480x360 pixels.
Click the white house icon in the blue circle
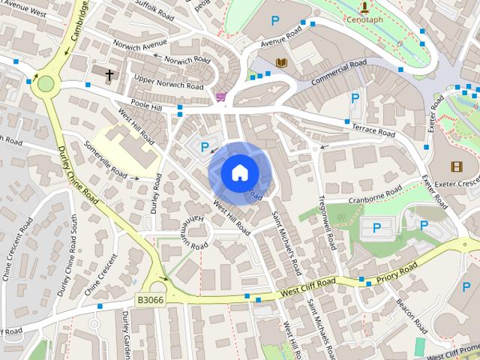(239, 172)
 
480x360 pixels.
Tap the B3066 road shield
(150, 299)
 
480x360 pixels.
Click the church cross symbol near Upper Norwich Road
(109, 75)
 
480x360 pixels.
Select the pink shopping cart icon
(220, 96)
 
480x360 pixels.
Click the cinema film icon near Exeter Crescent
(457, 166)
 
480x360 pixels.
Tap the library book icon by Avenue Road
(282, 63)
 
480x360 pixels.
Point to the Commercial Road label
(339, 73)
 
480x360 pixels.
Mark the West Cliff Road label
(307, 285)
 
